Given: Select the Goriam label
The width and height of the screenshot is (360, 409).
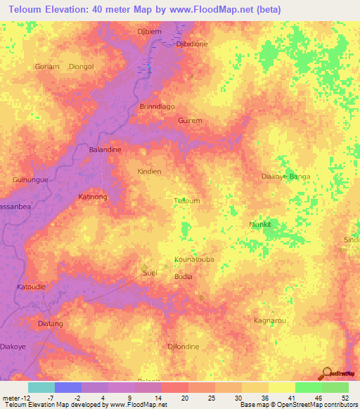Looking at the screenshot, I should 46,67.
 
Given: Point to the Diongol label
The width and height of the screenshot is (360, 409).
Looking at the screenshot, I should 82,67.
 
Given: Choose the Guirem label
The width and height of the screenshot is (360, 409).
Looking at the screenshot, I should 190,121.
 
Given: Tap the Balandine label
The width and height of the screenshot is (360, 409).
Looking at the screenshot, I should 105,150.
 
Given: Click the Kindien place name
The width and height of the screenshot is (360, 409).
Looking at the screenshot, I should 149,171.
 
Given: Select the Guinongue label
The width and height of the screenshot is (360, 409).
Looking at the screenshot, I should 30,180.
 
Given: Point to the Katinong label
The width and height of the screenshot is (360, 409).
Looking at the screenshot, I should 93,197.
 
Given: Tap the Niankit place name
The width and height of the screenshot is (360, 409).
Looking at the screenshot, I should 260,225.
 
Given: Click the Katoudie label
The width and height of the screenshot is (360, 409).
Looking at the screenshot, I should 30,287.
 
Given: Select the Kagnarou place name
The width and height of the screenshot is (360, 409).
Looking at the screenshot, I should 269,320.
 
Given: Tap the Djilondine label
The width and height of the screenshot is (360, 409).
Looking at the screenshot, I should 184,347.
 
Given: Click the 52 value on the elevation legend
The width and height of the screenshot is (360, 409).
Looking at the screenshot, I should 344,398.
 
